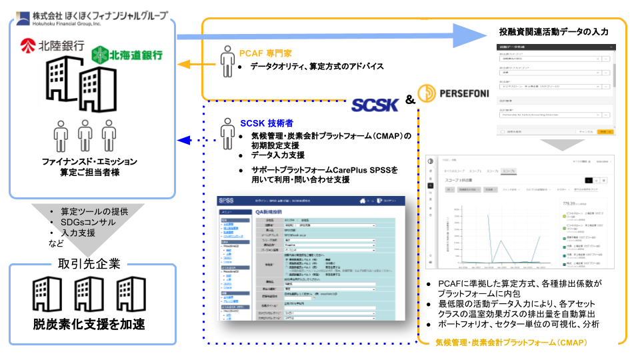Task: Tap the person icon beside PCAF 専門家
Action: [227, 61]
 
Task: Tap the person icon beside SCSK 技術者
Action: [227, 130]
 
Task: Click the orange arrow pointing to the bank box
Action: [187, 65]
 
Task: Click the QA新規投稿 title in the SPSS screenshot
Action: [274, 212]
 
